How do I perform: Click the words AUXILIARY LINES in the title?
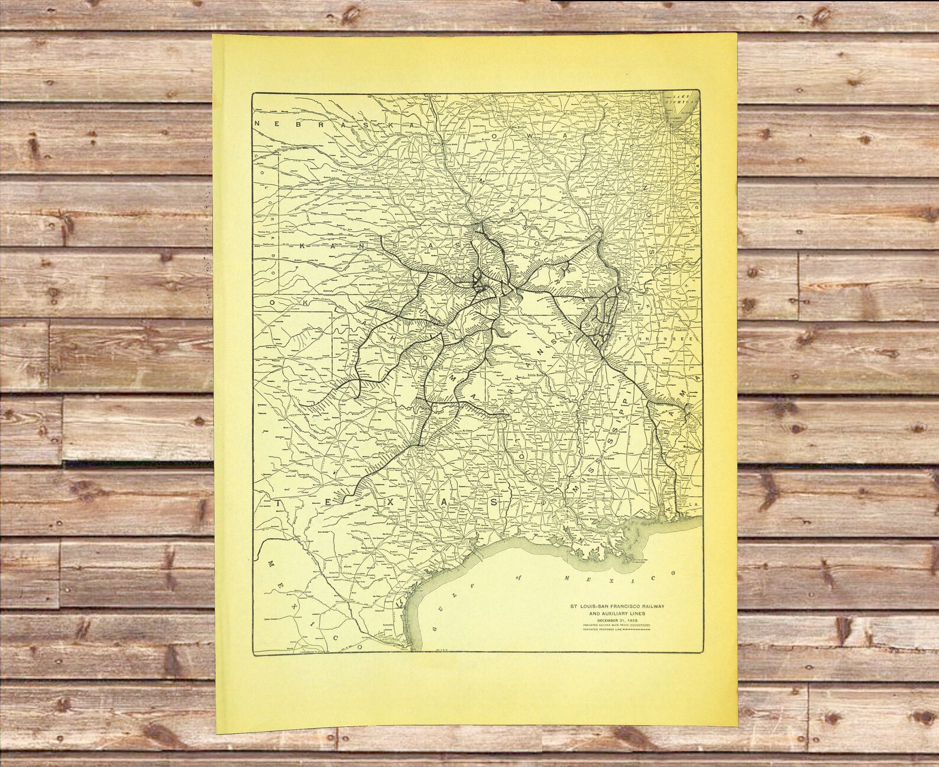coord(610,613)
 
